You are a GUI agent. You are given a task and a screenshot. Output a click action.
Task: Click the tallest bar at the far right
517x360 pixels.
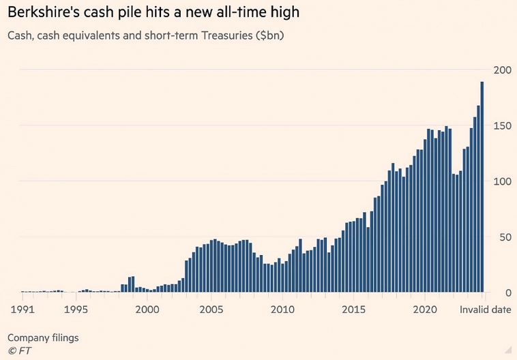pyautogui.click(x=482, y=187)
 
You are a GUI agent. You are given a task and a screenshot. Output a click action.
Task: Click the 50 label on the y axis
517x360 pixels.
pyautogui.click(x=503, y=237)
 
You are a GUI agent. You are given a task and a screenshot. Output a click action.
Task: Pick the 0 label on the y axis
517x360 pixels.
pyautogui.click(x=506, y=293)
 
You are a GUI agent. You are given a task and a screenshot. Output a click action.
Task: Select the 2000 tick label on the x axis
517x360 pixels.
pyautogui.click(x=148, y=309)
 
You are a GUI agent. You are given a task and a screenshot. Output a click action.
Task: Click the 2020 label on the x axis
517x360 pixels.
pyautogui.click(x=424, y=309)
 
